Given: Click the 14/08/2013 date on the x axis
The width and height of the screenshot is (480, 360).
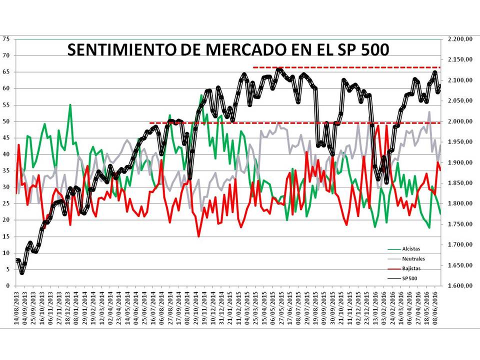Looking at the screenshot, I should pos(18,307).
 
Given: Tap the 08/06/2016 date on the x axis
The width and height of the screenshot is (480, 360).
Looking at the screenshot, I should pos(434,307).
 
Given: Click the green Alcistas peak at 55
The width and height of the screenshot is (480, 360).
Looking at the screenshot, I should pos(70,105).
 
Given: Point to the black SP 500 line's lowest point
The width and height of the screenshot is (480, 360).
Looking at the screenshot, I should pos(22,272).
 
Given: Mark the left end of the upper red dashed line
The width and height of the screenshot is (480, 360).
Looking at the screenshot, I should pos(254,67).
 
